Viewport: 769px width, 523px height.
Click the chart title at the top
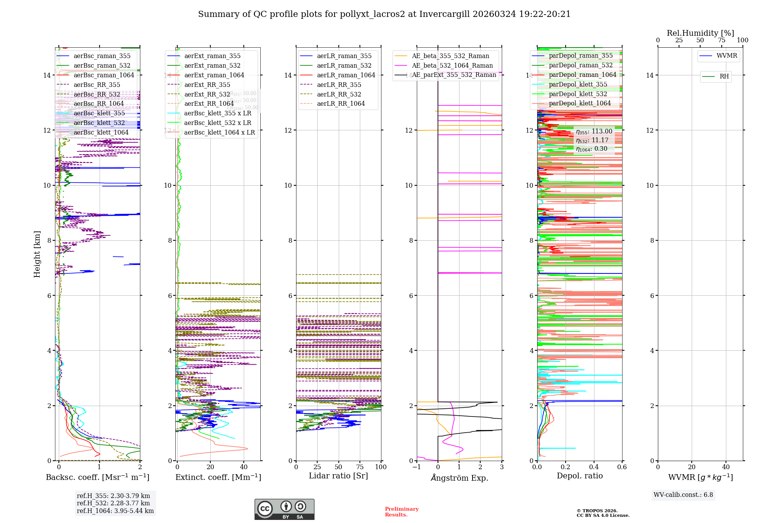tap(384, 14)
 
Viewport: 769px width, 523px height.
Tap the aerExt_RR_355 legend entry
tap(207, 85)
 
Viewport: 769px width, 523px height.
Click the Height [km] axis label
tap(37, 254)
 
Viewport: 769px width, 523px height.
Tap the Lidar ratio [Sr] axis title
tap(338, 476)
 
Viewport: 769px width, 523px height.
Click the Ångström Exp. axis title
tap(459, 478)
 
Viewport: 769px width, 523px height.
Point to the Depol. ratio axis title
tap(580, 476)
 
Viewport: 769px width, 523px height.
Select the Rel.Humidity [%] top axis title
tap(700, 33)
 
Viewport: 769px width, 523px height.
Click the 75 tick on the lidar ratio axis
tap(360, 467)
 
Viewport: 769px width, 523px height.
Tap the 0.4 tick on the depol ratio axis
tap(594, 467)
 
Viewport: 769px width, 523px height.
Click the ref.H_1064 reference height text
tap(115, 511)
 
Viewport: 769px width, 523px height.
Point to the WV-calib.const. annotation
tap(683, 495)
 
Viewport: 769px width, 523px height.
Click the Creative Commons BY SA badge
tap(284, 510)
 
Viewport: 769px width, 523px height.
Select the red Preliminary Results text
tap(402, 512)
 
